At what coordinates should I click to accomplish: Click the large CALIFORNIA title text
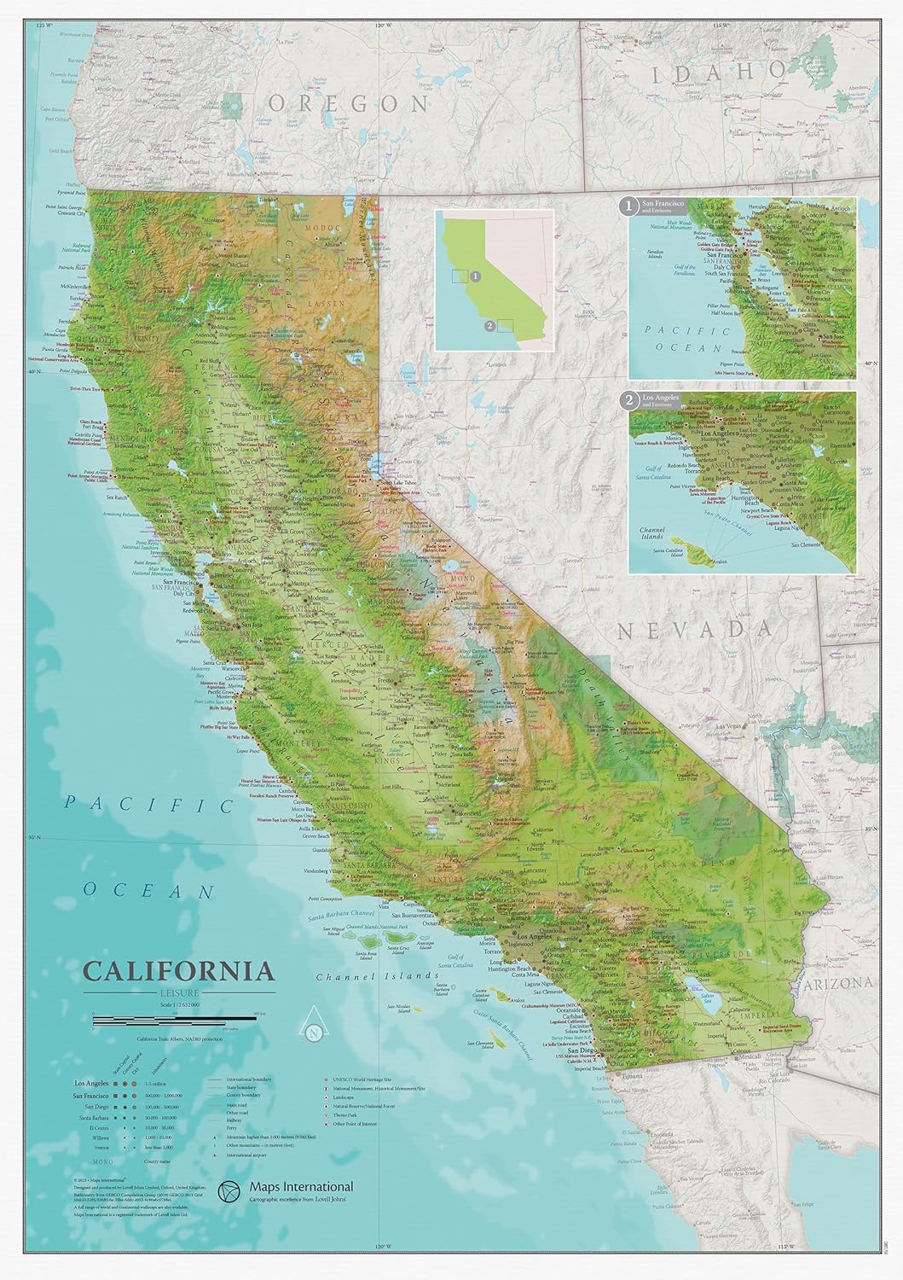(178, 972)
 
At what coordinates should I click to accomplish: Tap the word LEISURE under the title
(178, 992)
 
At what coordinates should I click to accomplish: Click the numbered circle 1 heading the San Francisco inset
(628, 206)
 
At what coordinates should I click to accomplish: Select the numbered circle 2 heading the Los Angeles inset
(628, 399)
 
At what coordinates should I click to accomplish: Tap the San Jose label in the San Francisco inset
(833, 336)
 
